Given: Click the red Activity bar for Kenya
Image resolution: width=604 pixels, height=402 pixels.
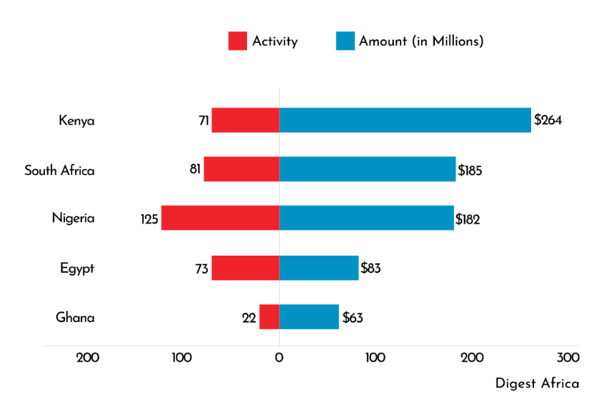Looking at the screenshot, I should click(x=245, y=120).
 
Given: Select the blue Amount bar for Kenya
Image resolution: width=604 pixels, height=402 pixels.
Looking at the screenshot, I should click(x=405, y=120).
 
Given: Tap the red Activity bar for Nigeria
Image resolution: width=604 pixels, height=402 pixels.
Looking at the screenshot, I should click(x=220, y=218).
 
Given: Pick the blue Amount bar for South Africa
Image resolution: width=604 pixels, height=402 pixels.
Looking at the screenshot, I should click(x=367, y=169).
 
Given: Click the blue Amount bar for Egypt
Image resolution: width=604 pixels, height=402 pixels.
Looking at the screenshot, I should click(x=318, y=268).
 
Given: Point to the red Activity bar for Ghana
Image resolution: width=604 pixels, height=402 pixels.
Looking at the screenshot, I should click(x=269, y=317).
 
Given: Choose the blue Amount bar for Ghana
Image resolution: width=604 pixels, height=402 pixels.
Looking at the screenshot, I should click(x=308, y=317).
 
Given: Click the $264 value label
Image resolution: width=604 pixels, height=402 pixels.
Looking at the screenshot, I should click(x=548, y=120).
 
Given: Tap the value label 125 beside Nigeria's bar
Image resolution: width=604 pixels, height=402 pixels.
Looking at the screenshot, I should click(x=149, y=219).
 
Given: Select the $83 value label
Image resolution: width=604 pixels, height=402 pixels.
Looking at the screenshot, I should click(x=371, y=268).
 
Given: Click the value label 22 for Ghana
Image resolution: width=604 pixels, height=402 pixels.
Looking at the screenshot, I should click(x=248, y=318).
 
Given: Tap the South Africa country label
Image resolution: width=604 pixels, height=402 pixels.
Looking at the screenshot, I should click(x=59, y=170).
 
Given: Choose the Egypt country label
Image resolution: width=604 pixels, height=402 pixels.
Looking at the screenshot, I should click(x=77, y=268).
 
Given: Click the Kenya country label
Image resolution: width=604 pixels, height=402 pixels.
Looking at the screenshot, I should click(x=76, y=121).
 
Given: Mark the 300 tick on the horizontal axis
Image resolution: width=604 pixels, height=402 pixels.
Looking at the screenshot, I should click(x=568, y=357).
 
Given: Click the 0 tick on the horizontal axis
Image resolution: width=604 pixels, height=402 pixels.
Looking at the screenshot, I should click(x=279, y=357).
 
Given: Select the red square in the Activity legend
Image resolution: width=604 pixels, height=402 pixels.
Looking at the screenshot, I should click(x=237, y=41).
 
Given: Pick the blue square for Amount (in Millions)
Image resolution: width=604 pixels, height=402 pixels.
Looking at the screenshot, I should click(x=345, y=41).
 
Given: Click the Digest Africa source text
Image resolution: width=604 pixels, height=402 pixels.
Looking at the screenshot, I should click(x=537, y=383).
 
